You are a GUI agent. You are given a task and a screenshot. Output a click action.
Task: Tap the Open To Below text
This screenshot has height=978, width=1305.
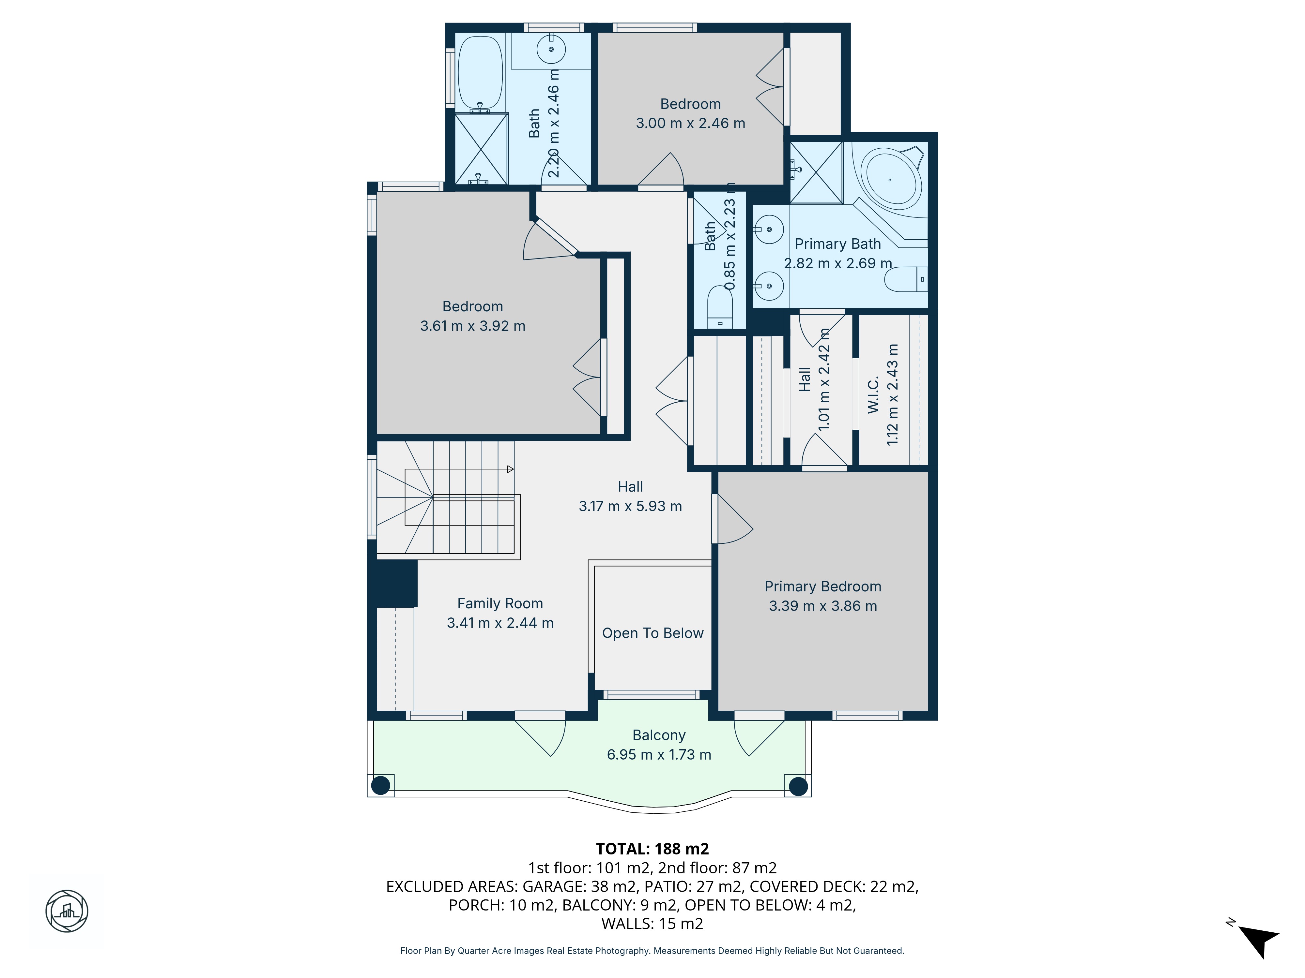(652, 633)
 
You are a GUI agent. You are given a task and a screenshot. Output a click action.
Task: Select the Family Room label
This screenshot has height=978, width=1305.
(500, 604)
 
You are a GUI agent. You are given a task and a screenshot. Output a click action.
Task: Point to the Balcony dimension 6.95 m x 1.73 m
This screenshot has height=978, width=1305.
(659, 755)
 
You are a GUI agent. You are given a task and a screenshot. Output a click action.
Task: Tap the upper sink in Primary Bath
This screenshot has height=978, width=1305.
(769, 229)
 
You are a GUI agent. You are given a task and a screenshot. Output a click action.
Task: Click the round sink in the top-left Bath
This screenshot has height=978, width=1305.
(551, 49)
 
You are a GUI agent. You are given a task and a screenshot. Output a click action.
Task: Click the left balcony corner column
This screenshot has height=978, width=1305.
(380, 785)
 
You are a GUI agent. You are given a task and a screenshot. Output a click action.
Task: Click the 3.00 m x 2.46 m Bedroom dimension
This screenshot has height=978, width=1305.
(690, 123)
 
